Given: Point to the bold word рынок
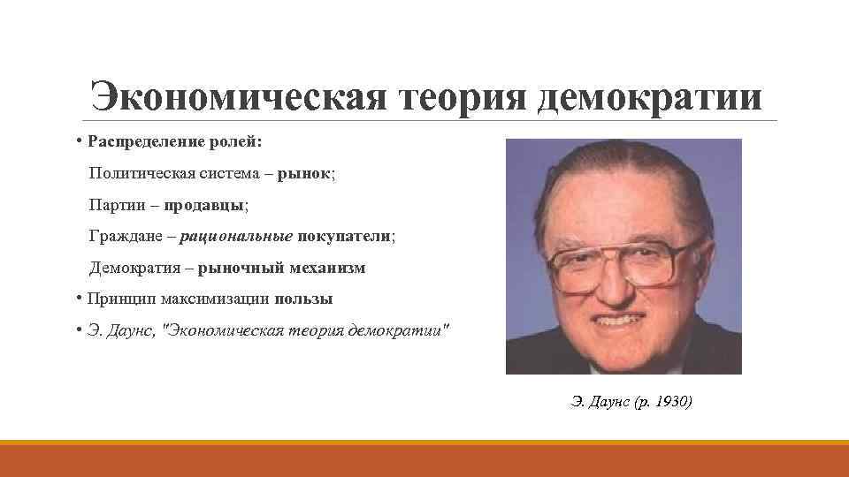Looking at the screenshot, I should coord(304,174).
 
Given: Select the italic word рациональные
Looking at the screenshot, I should coord(240,237).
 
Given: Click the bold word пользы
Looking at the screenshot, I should coord(303,299).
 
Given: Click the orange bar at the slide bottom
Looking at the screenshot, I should coord(424,458).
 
